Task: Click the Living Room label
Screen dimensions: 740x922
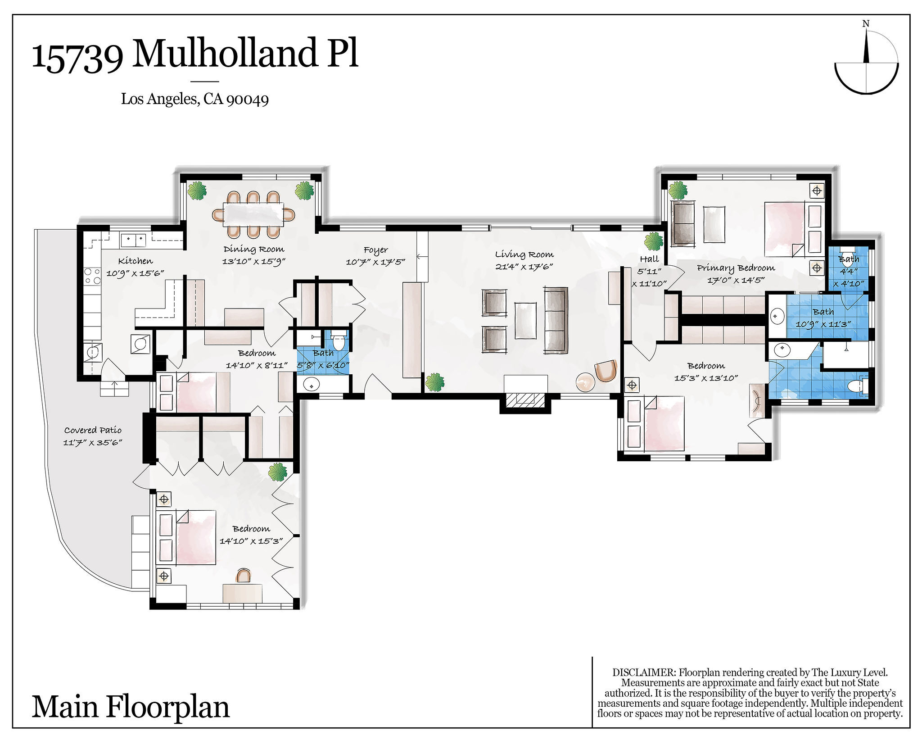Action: click(x=524, y=254)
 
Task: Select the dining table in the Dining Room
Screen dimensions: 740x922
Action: click(x=253, y=214)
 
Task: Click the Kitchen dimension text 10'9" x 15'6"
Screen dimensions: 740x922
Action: click(x=135, y=273)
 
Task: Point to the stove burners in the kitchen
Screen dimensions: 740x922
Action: click(x=92, y=276)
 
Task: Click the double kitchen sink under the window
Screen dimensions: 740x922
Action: click(x=133, y=240)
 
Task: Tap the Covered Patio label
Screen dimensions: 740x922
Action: click(x=93, y=430)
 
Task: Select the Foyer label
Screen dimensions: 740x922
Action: click(x=375, y=250)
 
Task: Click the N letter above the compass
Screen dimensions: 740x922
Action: click(x=865, y=24)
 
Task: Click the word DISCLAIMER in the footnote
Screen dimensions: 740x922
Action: click(x=644, y=672)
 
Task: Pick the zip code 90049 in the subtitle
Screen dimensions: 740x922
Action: click(x=247, y=100)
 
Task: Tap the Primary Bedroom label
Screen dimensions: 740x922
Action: click(x=736, y=268)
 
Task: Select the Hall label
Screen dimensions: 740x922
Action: click(x=649, y=259)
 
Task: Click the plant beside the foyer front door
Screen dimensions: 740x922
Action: click(x=434, y=382)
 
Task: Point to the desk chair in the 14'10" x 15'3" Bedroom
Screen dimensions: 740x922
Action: click(x=244, y=575)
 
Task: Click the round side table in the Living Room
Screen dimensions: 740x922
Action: click(x=585, y=382)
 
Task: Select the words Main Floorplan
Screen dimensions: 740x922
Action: click(x=131, y=707)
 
